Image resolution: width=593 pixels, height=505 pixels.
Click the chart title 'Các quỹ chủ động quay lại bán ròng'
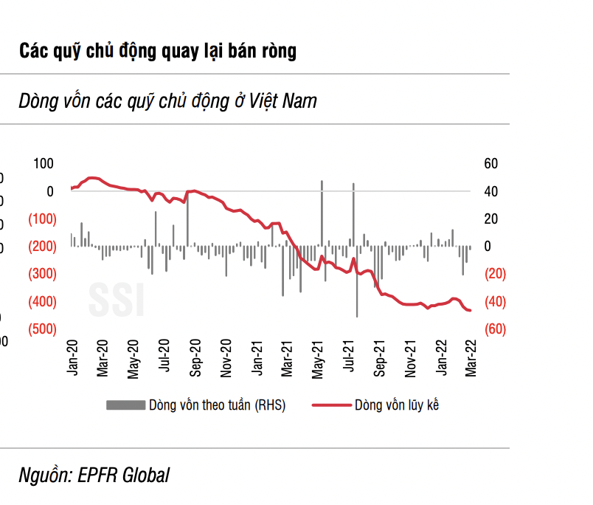tap(158, 51)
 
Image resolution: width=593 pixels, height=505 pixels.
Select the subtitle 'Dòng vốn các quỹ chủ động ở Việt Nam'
tap(168, 100)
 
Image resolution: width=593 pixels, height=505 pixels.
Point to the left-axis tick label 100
tap(44, 164)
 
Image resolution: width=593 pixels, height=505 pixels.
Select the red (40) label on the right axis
tap(492, 301)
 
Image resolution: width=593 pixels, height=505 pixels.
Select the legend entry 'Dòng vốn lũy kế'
tap(397, 405)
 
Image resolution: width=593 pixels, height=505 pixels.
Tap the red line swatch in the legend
tap(330, 405)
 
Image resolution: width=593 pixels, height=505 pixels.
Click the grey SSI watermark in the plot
tap(117, 298)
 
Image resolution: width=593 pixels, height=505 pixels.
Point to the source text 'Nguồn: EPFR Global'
tap(94, 475)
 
